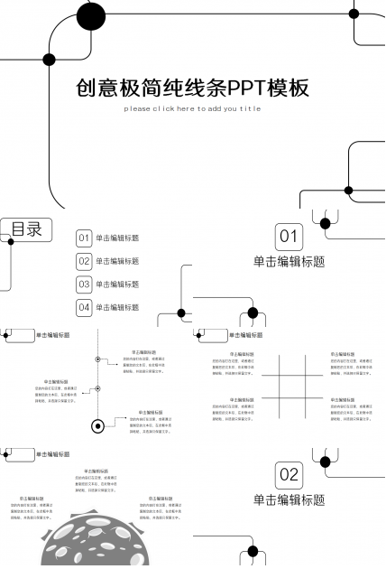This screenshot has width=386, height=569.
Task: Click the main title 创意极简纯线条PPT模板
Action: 193,88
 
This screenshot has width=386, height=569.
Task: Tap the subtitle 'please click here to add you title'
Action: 192,109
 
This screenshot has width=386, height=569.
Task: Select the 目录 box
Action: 26,229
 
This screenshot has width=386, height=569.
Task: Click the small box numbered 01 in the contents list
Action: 84,238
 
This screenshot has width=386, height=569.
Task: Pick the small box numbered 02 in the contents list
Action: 84,261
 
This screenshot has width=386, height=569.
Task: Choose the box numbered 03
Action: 84,284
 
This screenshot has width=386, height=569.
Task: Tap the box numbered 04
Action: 84,307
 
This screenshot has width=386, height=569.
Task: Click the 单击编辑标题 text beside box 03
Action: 117,284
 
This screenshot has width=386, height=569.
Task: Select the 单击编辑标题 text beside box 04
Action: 117,307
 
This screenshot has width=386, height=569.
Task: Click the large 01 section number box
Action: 288,238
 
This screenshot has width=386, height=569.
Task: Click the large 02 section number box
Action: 289,473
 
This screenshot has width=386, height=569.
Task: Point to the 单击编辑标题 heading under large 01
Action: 289,262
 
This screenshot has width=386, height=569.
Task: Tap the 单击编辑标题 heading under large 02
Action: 289,499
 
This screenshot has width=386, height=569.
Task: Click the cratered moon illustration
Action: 90,542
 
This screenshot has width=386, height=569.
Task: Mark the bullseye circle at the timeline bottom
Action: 97,424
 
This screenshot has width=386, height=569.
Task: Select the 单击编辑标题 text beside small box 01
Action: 117,238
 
